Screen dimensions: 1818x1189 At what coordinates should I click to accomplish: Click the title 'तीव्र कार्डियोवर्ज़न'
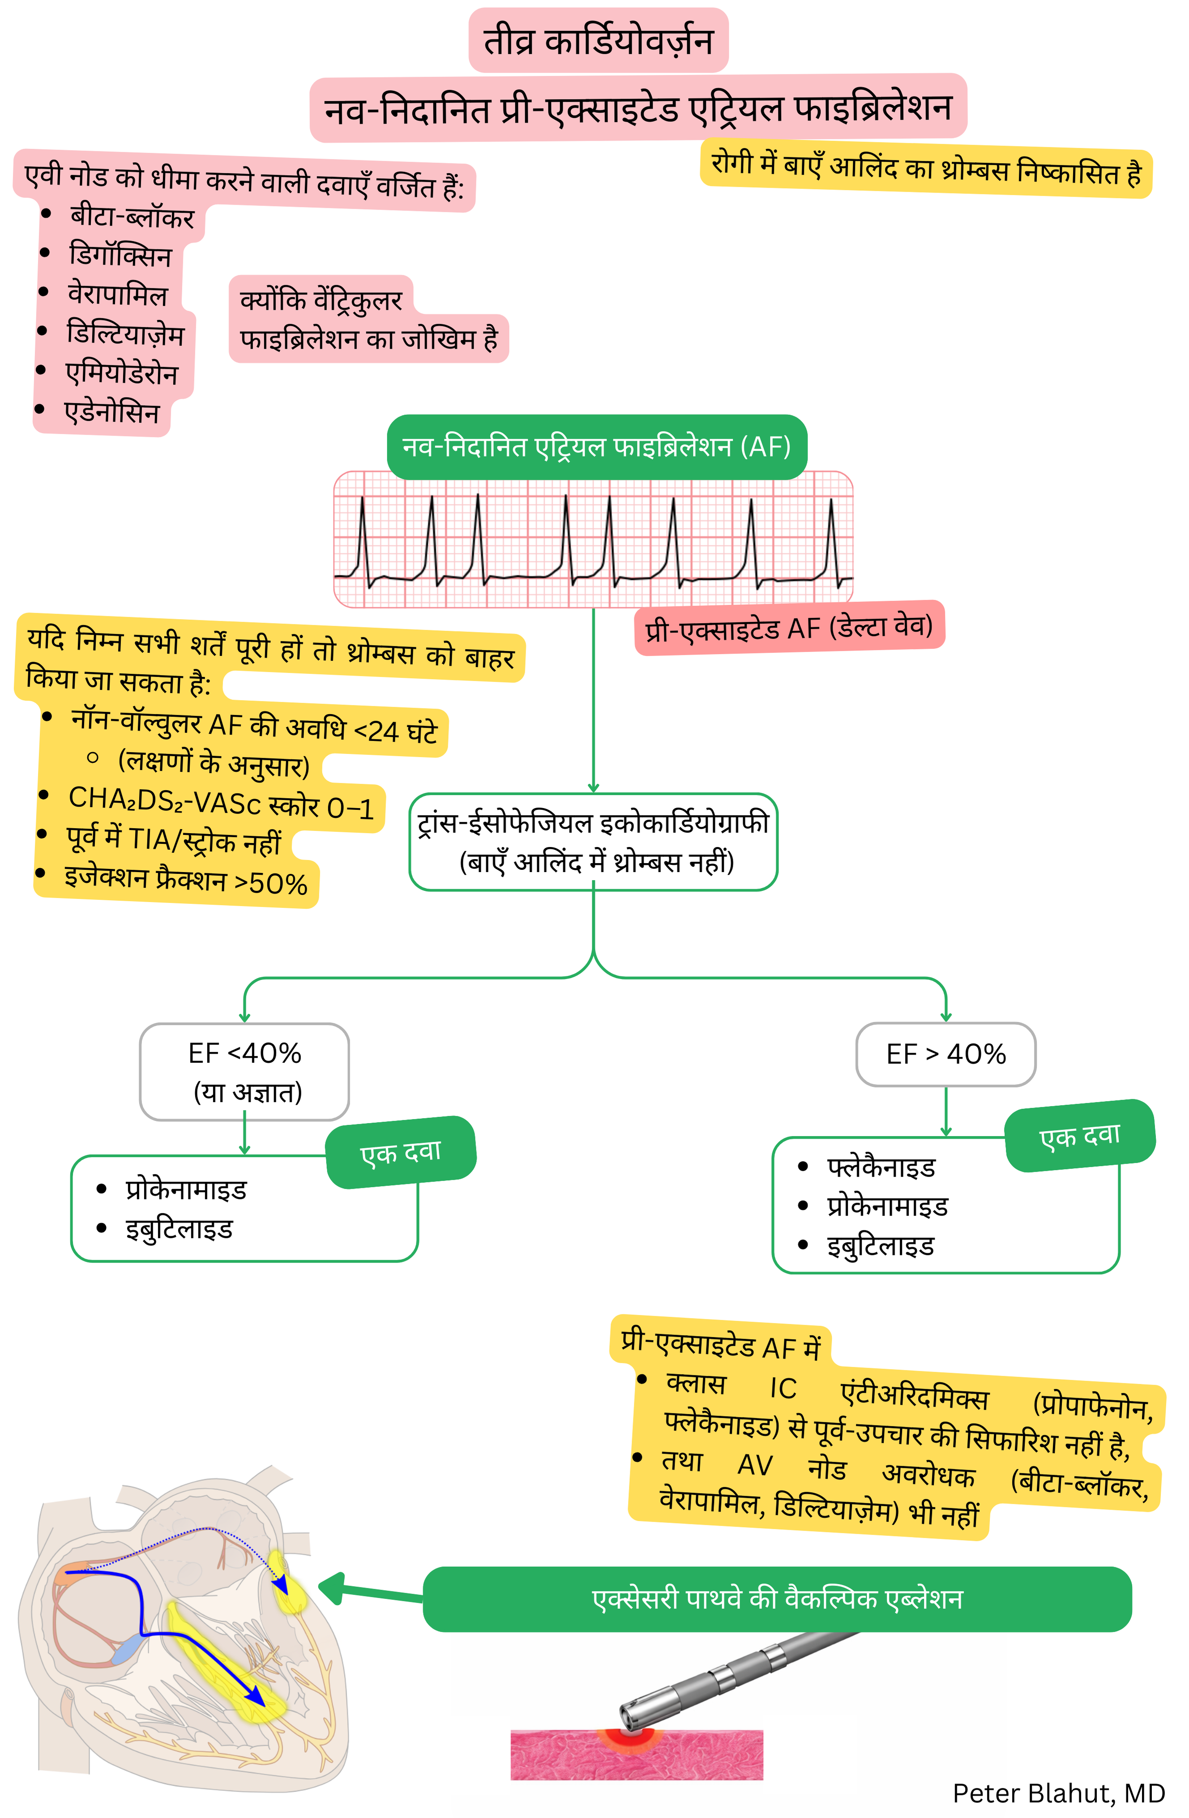coord(598,41)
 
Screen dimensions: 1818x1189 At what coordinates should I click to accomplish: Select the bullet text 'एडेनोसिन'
coord(112,412)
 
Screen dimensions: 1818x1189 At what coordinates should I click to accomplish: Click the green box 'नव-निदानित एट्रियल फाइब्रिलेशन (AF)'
coord(596,447)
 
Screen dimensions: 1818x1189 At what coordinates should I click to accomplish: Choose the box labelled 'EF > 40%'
coord(945,1054)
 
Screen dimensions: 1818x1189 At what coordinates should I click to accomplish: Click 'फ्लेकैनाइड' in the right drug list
coord(881,1167)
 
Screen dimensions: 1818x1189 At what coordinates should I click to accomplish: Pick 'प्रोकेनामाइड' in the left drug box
coord(186,1190)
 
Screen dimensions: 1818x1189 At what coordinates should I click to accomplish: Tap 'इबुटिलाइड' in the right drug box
coord(881,1247)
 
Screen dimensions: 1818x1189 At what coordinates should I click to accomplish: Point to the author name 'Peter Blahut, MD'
coord(1058,1793)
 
